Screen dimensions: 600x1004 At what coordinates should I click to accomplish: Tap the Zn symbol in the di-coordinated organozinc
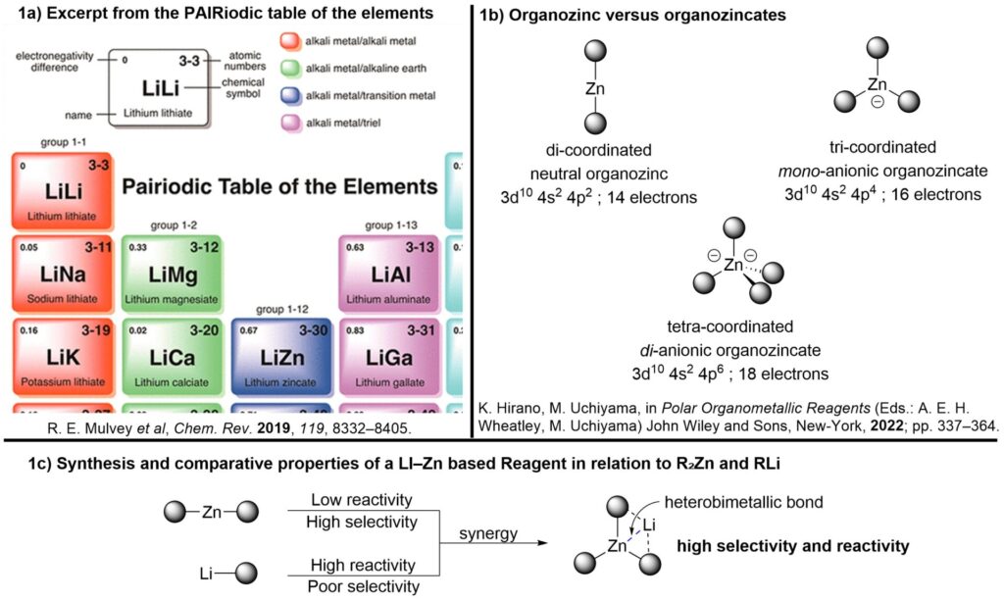[595, 89]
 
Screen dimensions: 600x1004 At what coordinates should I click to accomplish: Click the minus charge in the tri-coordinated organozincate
[878, 101]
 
